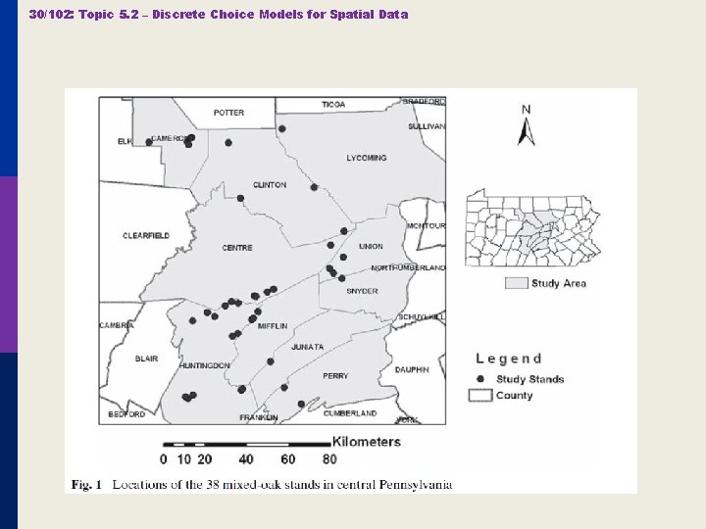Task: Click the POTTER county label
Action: [x=228, y=113]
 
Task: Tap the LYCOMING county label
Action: [x=367, y=158]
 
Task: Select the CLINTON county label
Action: [x=270, y=185]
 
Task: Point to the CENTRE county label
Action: [x=237, y=248]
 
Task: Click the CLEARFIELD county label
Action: [x=146, y=236]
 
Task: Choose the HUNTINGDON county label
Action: [x=204, y=365]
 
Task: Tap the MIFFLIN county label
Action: [x=273, y=325]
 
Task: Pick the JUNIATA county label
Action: [x=307, y=347]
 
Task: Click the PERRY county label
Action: [x=335, y=376]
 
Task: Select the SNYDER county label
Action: [x=362, y=291]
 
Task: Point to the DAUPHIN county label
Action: [x=412, y=369]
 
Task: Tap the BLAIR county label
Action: [x=146, y=359]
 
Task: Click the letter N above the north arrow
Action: [x=527, y=110]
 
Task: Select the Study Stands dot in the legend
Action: [x=479, y=379]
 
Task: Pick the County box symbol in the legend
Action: [x=479, y=395]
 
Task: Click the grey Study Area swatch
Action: [x=516, y=283]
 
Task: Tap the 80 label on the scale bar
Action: [x=329, y=458]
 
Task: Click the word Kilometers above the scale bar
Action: [x=367, y=442]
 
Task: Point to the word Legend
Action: [x=508, y=359]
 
